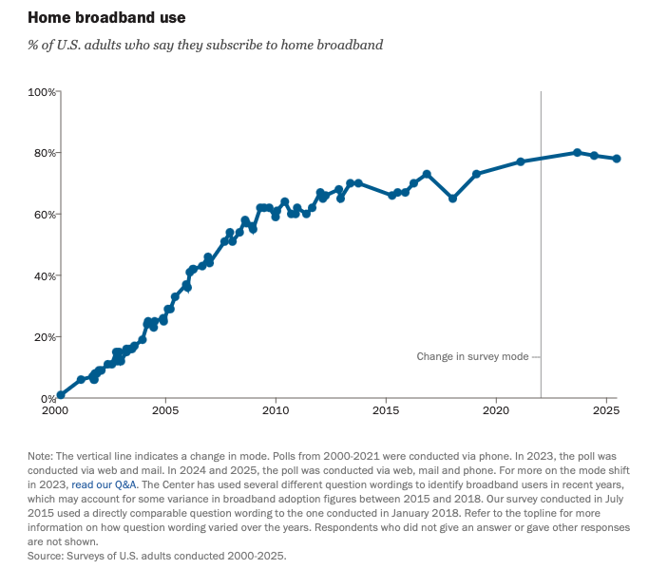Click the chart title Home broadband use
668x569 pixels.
(x=106, y=17)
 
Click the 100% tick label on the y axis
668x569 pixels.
(x=41, y=91)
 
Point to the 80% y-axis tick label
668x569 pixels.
(x=44, y=153)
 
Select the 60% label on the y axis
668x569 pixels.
(x=44, y=215)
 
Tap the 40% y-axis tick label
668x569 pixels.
(x=44, y=275)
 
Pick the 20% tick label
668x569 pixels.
(x=44, y=337)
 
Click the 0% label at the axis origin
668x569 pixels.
(x=48, y=398)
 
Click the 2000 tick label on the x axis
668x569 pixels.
(x=56, y=412)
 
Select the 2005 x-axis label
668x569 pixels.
(x=165, y=412)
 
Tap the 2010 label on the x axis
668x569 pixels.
(x=276, y=412)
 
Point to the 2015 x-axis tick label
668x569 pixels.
(x=386, y=412)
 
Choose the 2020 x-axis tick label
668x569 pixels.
(x=495, y=412)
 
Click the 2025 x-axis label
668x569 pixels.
(x=605, y=412)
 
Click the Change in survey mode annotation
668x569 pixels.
(x=472, y=357)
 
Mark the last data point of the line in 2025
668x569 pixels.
(x=617, y=159)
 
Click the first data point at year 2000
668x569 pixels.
(x=61, y=394)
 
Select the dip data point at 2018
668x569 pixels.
(x=452, y=199)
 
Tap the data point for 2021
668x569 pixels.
(x=521, y=161)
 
